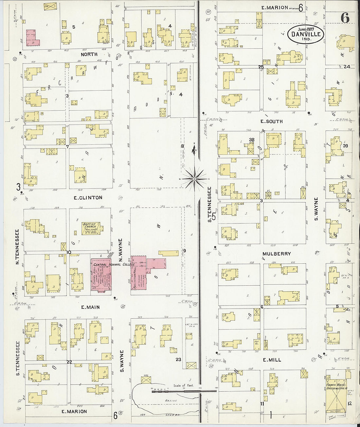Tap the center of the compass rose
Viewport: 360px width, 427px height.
click(x=194, y=179)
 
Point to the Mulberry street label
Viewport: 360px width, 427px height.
click(x=277, y=254)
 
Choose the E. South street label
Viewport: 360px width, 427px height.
click(x=271, y=121)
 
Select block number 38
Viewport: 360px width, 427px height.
click(x=251, y=140)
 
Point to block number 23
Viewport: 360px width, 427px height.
click(x=178, y=359)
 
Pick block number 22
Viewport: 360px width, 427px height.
click(x=69, y=362)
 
